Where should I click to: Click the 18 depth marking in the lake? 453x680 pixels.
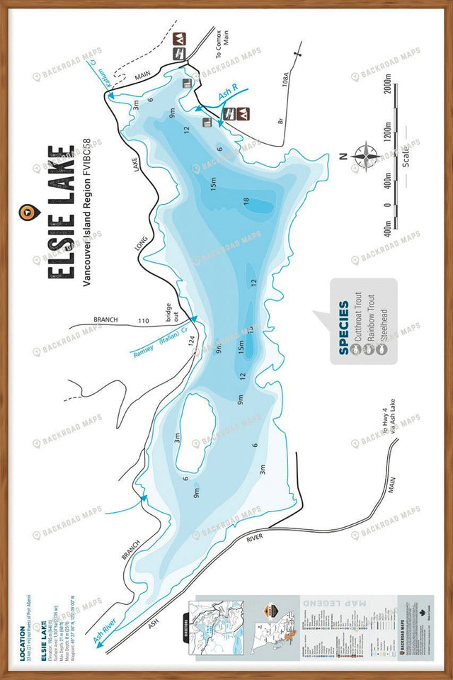pyautogui.click(x=246, y=201)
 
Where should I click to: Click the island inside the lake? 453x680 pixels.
pyautogui.click(x=195, y=432)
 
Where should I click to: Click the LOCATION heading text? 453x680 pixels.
pyautogui.click(x=23, y=640)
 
